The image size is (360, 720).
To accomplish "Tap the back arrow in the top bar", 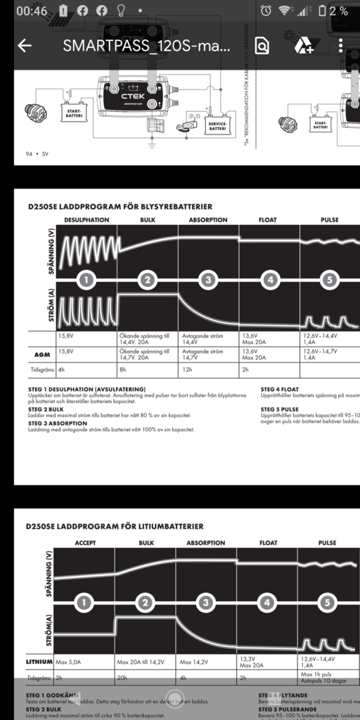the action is click(25, 46).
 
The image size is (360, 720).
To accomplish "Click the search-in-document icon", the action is click(262, 46).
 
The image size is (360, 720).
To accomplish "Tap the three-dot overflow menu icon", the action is click(341, 46).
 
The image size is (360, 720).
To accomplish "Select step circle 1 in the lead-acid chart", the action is click(86, 281).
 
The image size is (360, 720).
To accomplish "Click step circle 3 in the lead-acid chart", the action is click(207, 281).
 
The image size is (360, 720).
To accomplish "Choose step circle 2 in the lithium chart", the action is click(146, 603).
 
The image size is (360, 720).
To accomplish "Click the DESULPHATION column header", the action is click(86, 220).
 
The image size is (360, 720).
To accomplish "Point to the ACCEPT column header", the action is click(85, 543).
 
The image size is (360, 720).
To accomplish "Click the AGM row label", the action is click(41, 354).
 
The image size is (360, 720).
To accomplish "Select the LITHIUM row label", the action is click(39, 662).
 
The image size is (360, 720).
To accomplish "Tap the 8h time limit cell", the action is click(123, 368).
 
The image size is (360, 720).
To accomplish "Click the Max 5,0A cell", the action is click(71, 662).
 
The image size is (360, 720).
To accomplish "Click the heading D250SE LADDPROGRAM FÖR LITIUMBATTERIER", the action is click(115, 526).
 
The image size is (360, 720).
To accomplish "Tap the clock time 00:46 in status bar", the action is click(32, 11).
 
